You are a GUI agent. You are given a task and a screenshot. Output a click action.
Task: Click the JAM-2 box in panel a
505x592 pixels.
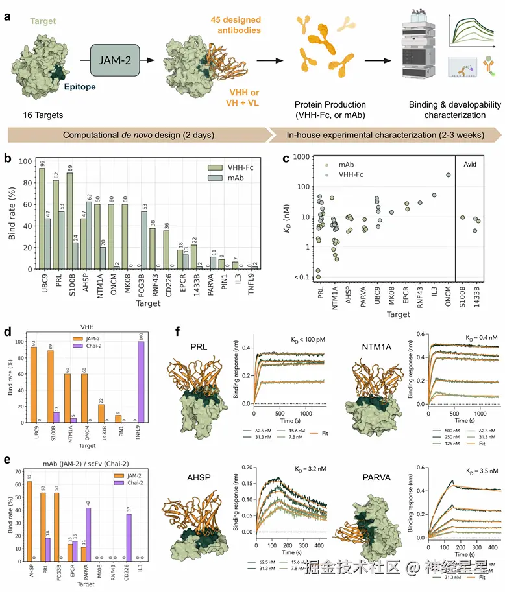click(116, 62)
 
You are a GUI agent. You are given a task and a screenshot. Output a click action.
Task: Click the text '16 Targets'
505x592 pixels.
click(39, 115)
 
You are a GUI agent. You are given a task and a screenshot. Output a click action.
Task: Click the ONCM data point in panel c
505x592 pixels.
click(448, 174)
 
